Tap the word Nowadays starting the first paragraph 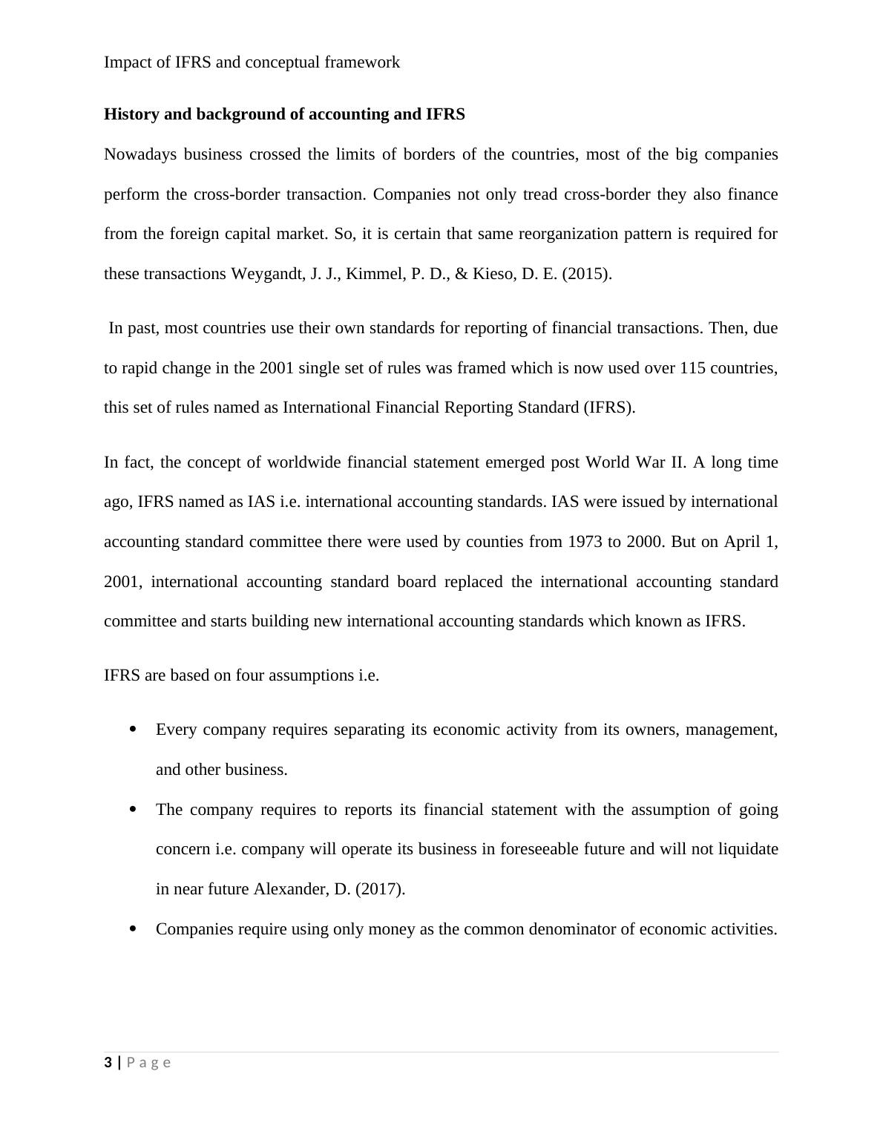coord(139,154)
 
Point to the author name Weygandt coord(266,274)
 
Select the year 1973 coord(585,542)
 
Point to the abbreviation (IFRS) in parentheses coord(609,407)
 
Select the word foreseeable coord(562,849)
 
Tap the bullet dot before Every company coord(133,730)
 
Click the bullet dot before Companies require coord(133,929)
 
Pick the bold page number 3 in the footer coord(108,1063)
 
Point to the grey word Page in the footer coord(148,1063)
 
